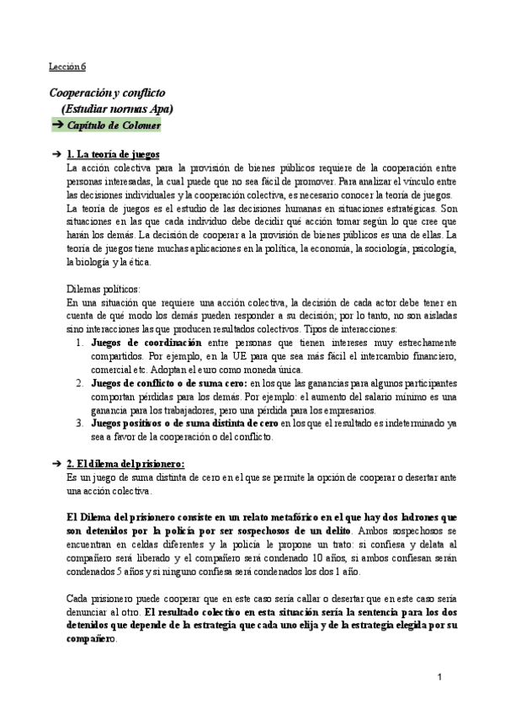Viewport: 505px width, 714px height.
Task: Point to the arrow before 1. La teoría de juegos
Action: tap(56, 154)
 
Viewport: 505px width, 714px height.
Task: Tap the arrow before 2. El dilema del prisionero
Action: tap(56, 465)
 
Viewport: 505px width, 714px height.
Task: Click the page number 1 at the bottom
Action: tap(440, 678)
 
